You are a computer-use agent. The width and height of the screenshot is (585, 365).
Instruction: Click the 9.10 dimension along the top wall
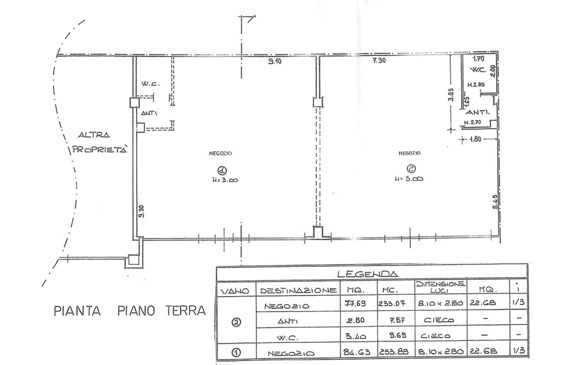pos(275,61)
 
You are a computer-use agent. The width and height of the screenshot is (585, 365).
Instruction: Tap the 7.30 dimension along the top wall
pos(379,61)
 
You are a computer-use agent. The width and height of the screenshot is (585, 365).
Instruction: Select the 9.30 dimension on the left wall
pos(141,211)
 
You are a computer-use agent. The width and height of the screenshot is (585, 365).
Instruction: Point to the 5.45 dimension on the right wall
pos(495,202)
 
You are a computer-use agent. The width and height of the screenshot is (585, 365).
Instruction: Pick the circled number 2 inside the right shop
pos(411,168)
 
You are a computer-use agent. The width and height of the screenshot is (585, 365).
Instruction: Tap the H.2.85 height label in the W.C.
pos(476,85)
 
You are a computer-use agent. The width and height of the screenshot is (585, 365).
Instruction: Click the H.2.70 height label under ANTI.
pos(472,122)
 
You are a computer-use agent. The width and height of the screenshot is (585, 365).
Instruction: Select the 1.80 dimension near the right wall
pos(475,139)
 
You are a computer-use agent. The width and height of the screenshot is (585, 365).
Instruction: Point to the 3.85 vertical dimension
pos(452,95)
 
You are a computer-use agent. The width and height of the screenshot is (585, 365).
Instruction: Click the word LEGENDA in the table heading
pos(367,274)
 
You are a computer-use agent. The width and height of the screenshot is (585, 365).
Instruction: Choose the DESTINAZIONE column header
pos(298,291)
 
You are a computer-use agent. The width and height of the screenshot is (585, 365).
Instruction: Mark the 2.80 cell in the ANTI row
pos(356,320)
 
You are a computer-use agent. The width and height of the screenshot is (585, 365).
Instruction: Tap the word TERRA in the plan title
pos(186,311)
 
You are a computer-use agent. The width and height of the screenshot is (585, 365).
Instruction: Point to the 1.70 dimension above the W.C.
pos(478,59)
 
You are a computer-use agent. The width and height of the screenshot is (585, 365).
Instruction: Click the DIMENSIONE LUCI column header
pos(440,287)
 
